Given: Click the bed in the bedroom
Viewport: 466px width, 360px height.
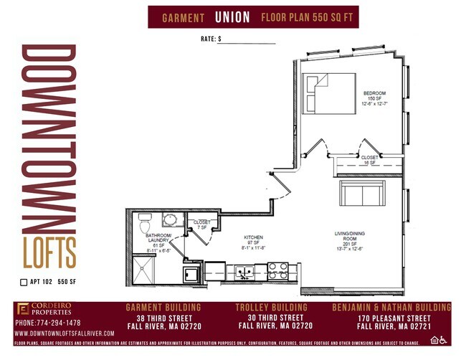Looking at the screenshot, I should click(326, 94).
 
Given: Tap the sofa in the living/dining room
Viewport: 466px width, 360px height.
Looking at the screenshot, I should click(361, 193).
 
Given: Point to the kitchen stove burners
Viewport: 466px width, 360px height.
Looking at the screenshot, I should click(277, 271).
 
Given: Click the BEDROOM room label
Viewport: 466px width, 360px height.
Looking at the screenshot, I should click(374, 93).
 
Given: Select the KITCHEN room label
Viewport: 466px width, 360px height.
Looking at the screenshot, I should click(252, 237).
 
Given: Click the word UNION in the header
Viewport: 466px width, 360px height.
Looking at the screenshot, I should click(232, 16).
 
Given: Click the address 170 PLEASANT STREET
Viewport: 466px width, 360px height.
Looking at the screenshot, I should click(394, 318).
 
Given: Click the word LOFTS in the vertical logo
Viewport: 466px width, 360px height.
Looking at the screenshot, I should click(49, 252).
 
